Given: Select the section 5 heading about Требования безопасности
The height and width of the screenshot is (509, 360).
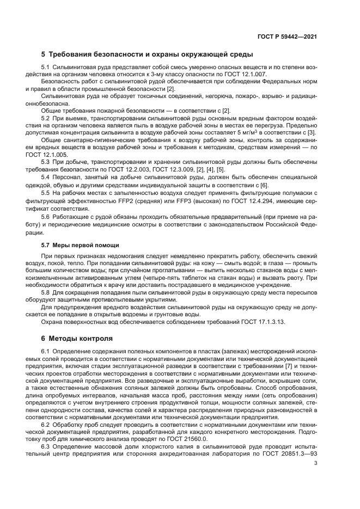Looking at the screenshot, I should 147,54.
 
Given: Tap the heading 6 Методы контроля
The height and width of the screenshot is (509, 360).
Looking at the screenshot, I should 74,339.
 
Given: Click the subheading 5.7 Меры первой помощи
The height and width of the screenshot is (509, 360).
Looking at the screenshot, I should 80,245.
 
